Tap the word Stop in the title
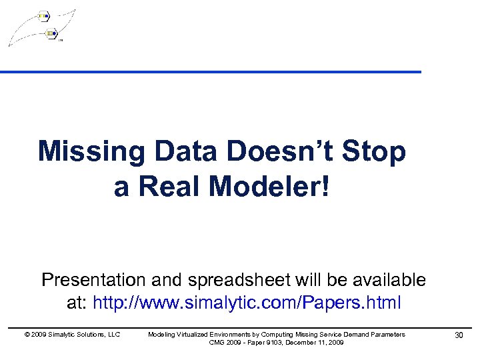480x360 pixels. click(374, 152)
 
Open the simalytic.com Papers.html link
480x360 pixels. click(247, 303)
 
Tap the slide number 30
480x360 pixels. click(458, 335)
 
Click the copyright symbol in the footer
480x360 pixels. click(26, 334)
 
